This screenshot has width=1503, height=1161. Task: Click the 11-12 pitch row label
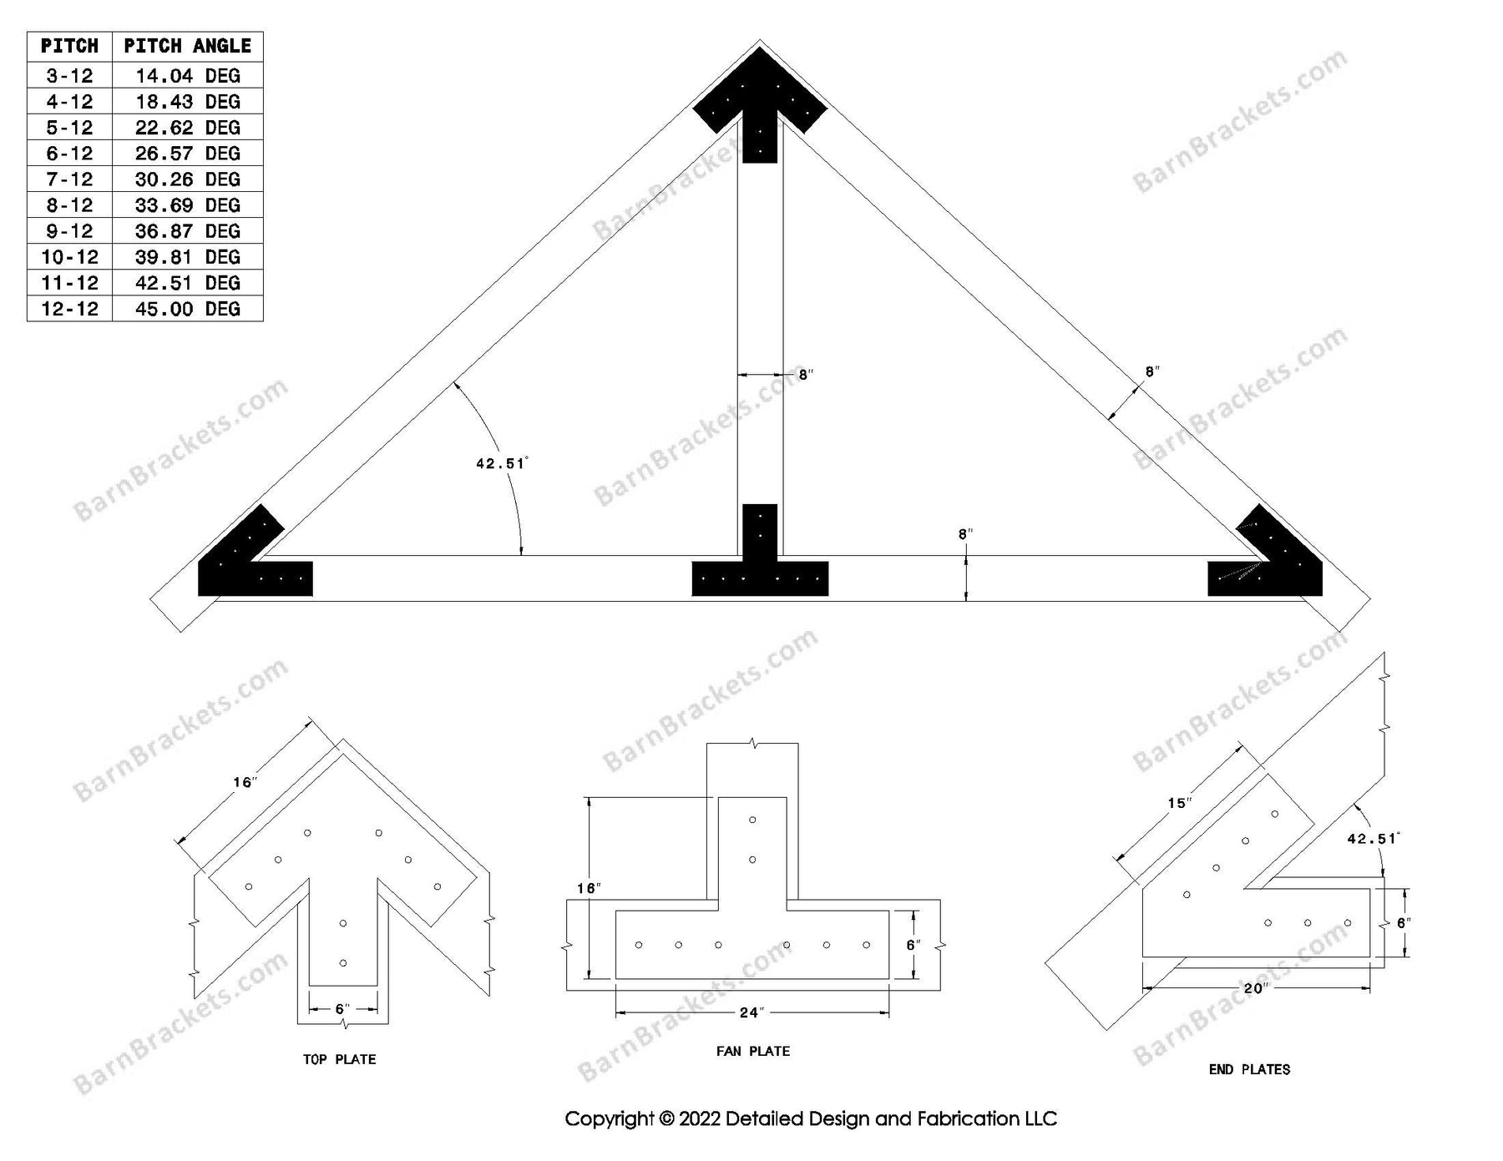click(69, 283)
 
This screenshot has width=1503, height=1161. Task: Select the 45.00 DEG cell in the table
click(187, 309)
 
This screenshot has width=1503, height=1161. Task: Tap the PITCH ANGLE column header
click(187, 46)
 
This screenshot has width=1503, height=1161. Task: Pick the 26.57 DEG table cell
click(187, 154)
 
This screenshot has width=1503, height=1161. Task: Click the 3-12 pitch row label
click(69, 76)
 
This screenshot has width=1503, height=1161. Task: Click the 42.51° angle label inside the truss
click(501, 463)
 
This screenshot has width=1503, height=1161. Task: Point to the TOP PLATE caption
click(339, 1059)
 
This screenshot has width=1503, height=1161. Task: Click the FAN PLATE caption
click(752, 1051)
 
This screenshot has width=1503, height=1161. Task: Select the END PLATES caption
click(1249, 1069)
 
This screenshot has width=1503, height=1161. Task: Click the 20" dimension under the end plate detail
click(1255, 988)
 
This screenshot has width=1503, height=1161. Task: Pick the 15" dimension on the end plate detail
click(1179, 803)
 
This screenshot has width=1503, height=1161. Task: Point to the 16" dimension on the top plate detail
click(244, 782)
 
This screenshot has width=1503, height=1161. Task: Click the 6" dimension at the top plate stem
click(341, 1009)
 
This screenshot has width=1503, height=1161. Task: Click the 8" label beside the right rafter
click(1152, 371)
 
